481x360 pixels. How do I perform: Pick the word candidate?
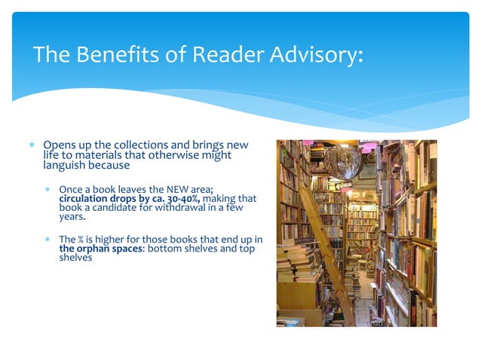pos(121,208)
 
